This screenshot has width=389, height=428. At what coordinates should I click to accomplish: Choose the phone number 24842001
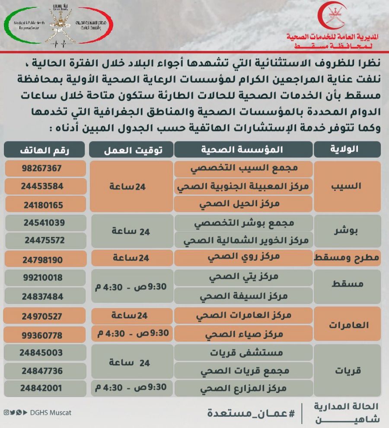[42, 389]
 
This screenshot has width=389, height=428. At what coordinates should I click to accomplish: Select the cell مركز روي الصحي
[243, 257]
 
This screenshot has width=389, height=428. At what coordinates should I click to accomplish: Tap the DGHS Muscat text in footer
[51, 412]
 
